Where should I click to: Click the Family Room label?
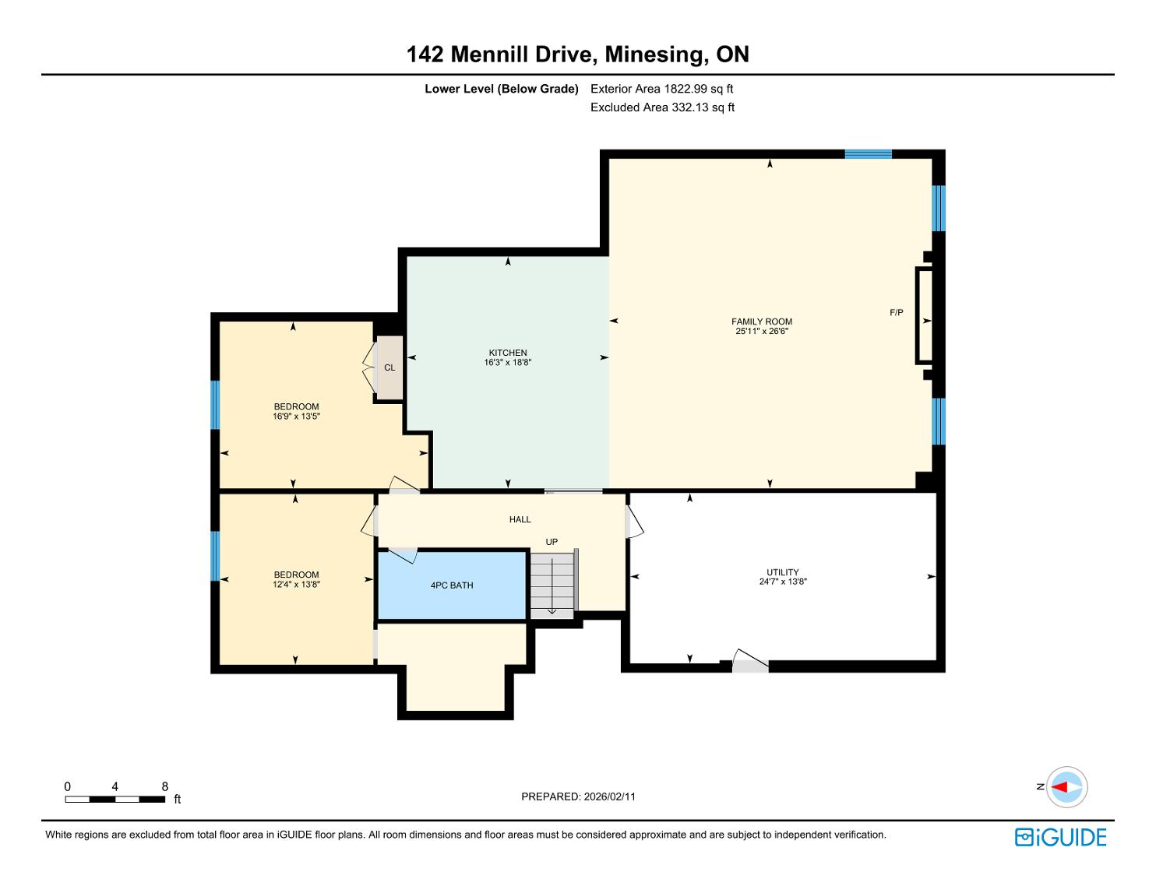point(761,322)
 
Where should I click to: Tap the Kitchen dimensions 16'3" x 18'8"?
point(508,363)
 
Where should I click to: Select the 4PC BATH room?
point(452,585)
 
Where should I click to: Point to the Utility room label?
point(783,572)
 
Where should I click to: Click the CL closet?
point(389,367)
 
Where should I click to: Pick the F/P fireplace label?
point(897,312)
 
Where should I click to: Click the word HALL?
point(520,519)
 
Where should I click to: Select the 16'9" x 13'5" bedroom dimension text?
point(296,417)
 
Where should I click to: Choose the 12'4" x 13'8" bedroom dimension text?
point(296,584)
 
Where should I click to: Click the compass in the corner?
point(1066,786)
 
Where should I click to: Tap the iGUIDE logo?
point(1060,837)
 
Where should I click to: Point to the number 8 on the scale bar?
point(165,786)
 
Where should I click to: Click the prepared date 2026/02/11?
point(610,796)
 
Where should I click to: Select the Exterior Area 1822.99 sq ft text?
point(662,89)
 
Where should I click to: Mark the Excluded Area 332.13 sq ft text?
point(662,107)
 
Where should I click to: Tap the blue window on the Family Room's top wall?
point(869,154)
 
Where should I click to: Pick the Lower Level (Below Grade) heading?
point(501,89)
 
